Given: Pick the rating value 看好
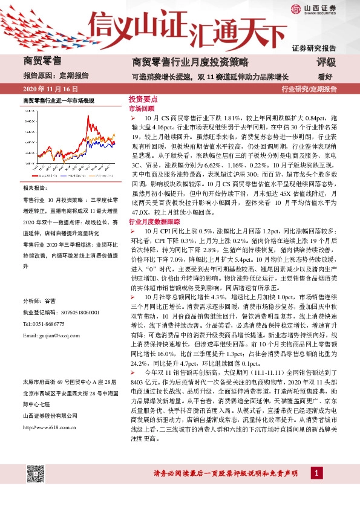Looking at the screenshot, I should point(326,77).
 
